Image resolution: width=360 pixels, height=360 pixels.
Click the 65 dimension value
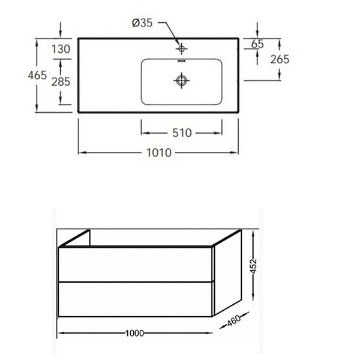(259, 44)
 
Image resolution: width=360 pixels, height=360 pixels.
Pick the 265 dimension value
(280, 59)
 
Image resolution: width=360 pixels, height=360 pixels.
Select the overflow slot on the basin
(181, 62)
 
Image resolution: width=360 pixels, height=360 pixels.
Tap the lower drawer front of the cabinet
(136, 301)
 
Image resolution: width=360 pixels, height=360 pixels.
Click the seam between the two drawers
(136, 283)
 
